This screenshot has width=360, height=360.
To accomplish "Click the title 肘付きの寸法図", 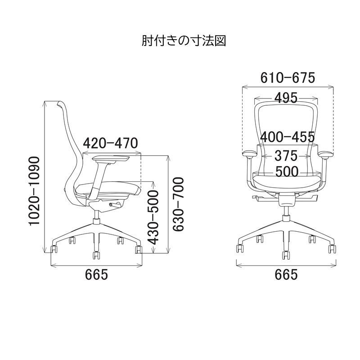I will tap(183, 41).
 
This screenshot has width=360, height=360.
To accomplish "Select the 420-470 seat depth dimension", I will tap(110, 143).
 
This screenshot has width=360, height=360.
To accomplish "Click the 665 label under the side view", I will tap(97, 274).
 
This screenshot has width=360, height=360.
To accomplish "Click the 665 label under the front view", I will tap(286, 274).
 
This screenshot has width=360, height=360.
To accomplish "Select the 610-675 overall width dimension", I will tap(288, 78).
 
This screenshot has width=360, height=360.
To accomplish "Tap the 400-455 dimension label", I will tap(288, 136).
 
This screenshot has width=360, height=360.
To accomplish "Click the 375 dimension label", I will tap(286, 156).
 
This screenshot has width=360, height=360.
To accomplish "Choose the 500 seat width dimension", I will tap(287, 171).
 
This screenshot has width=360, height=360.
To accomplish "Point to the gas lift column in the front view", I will tap(286, 211).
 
